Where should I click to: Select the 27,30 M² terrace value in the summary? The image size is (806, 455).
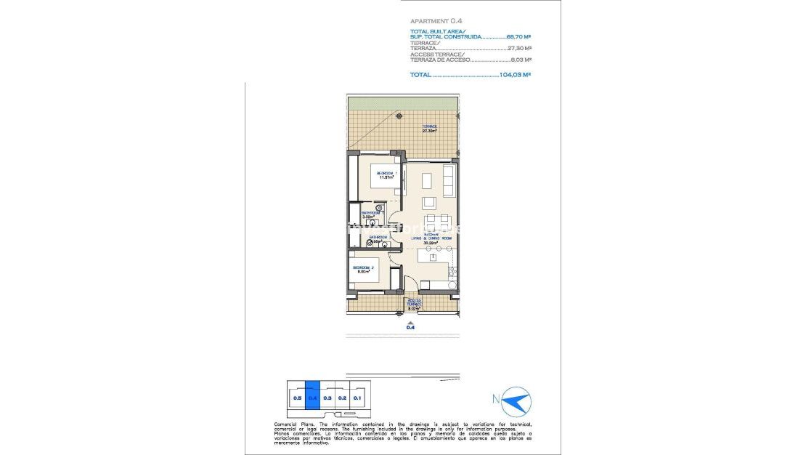coord(520,49)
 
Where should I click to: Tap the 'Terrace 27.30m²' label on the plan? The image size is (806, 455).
coord(430,129)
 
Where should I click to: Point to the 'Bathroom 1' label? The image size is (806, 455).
coord(372,214)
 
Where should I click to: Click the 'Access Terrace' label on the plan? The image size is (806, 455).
coord(414,304)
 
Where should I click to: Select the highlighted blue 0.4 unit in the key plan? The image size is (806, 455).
coord(312,397)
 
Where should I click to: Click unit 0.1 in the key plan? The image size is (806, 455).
coord(357,397)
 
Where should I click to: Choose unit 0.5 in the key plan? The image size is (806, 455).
coord(296,398)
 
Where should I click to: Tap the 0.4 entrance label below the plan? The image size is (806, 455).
coord(411,328)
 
